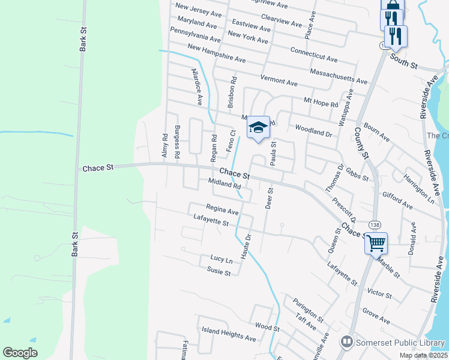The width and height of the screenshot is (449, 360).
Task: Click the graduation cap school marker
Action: pos(258,127)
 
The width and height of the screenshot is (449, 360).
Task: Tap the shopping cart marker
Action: pos(376,244)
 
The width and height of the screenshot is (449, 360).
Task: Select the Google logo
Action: pos(20,353)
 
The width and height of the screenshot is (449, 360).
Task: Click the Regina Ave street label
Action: pos(222,209)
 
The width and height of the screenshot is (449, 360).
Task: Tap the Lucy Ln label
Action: pos(221,259)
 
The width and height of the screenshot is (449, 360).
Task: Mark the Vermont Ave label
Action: pos(279,80)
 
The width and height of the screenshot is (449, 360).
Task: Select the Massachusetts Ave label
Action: pos(339,76)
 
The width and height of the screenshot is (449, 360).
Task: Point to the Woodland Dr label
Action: pos(313,130)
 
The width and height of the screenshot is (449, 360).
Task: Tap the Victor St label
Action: pos(379,294)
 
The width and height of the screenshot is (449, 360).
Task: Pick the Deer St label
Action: pos(269,198)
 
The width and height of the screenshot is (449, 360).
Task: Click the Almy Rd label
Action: pos(164,146)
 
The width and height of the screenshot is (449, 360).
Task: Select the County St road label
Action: pos(360,142)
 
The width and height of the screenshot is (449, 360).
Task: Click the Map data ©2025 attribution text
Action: pos(421,355)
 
